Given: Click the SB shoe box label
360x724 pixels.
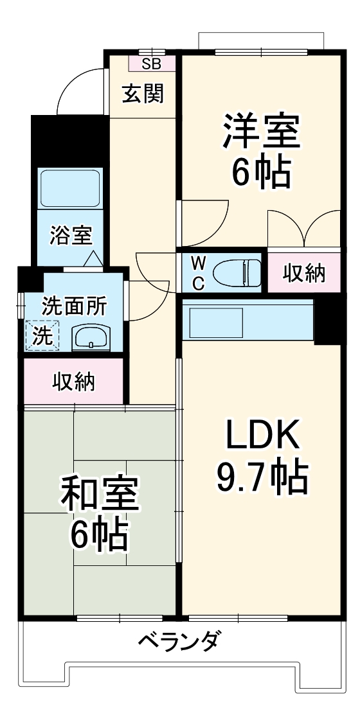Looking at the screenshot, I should (152, 63).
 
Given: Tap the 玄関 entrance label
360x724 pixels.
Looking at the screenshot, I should (143, 94).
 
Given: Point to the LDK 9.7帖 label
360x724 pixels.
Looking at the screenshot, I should (261, 456).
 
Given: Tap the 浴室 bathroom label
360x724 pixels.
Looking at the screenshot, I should (71, 236).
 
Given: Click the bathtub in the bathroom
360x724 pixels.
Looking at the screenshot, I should (71, 187).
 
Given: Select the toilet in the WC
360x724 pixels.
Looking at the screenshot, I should (237, 272).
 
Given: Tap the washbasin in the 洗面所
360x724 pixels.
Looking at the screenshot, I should (91, 336).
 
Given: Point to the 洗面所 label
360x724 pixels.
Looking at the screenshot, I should (74, 306).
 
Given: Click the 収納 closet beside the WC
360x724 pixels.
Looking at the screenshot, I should (304, 273).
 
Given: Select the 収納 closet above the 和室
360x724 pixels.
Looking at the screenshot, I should (73, 382).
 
